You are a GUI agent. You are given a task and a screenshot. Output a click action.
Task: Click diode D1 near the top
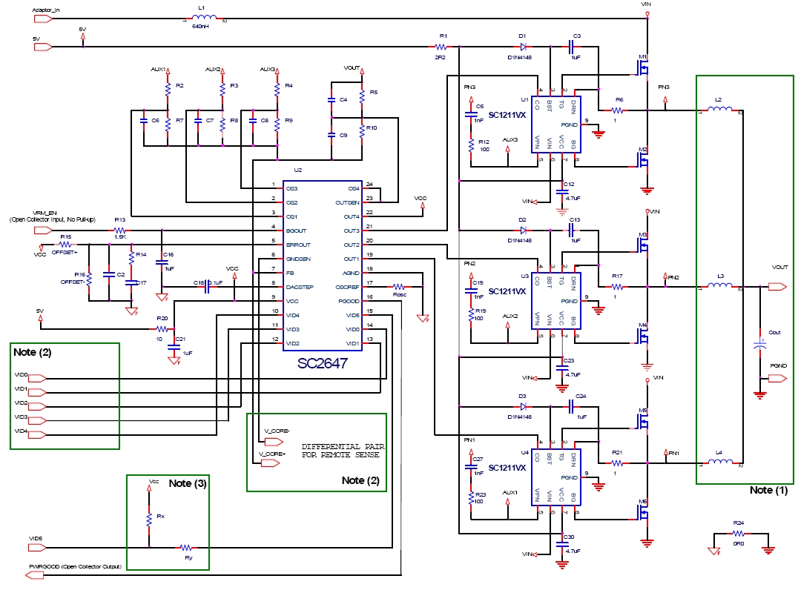[x=523, y=46]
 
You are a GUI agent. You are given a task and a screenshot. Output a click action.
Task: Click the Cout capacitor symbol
[x=759, y=344]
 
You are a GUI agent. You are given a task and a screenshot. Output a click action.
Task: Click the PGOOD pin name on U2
[x=349, y=300]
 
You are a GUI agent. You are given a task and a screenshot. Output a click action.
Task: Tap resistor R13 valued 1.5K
[x=119, y=231]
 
